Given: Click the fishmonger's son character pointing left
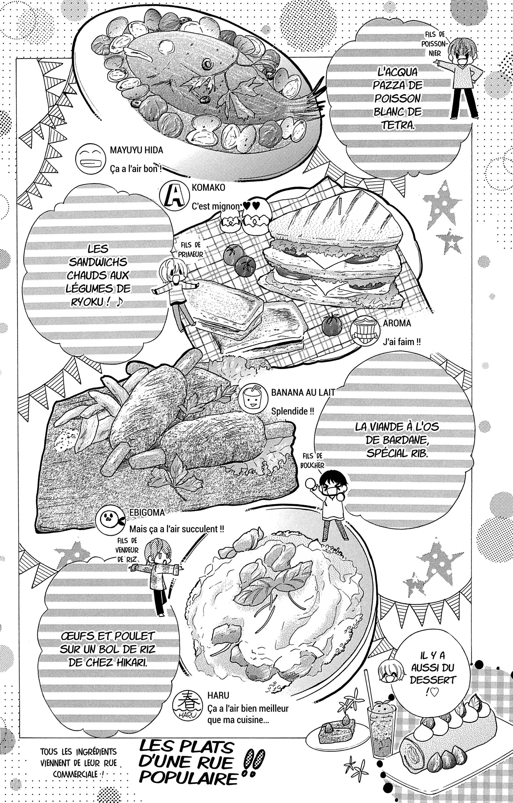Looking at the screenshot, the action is (x=459, y=77).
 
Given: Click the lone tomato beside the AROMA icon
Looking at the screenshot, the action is (x=332, y=324).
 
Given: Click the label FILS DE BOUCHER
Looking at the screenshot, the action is (x=313, y=460).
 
